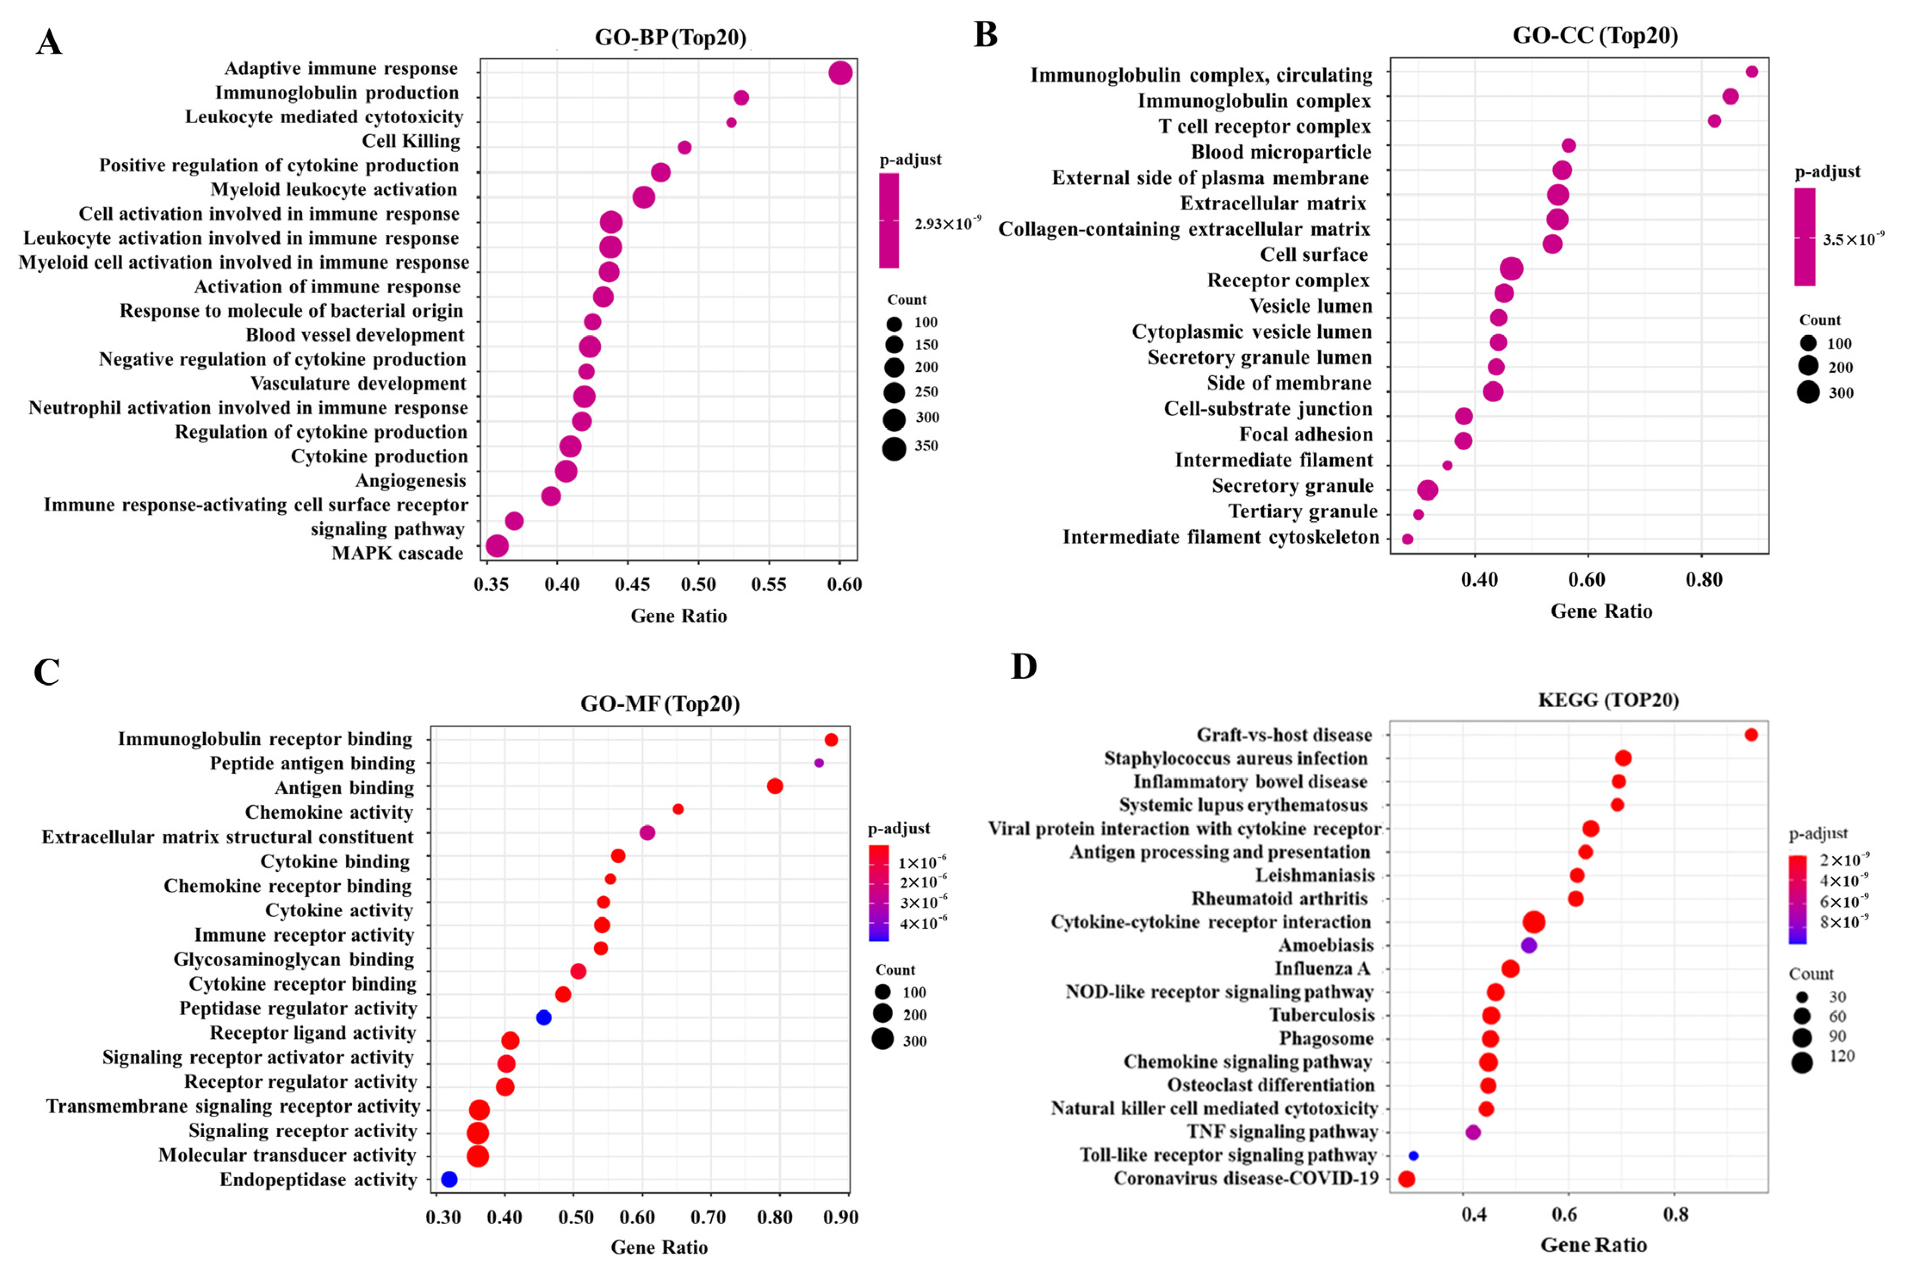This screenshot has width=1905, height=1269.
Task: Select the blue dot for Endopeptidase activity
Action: click(x=449, y=1179)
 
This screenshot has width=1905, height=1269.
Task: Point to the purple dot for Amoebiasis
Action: click(x=1529, y=945)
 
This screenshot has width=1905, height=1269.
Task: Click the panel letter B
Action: click(x=985, y=35)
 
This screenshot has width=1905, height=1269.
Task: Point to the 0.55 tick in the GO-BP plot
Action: click(x=769, y=585)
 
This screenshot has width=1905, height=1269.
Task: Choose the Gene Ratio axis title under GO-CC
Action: click(x=1601, y=612)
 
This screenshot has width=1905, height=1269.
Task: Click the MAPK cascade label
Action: click(x=397, y=554)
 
